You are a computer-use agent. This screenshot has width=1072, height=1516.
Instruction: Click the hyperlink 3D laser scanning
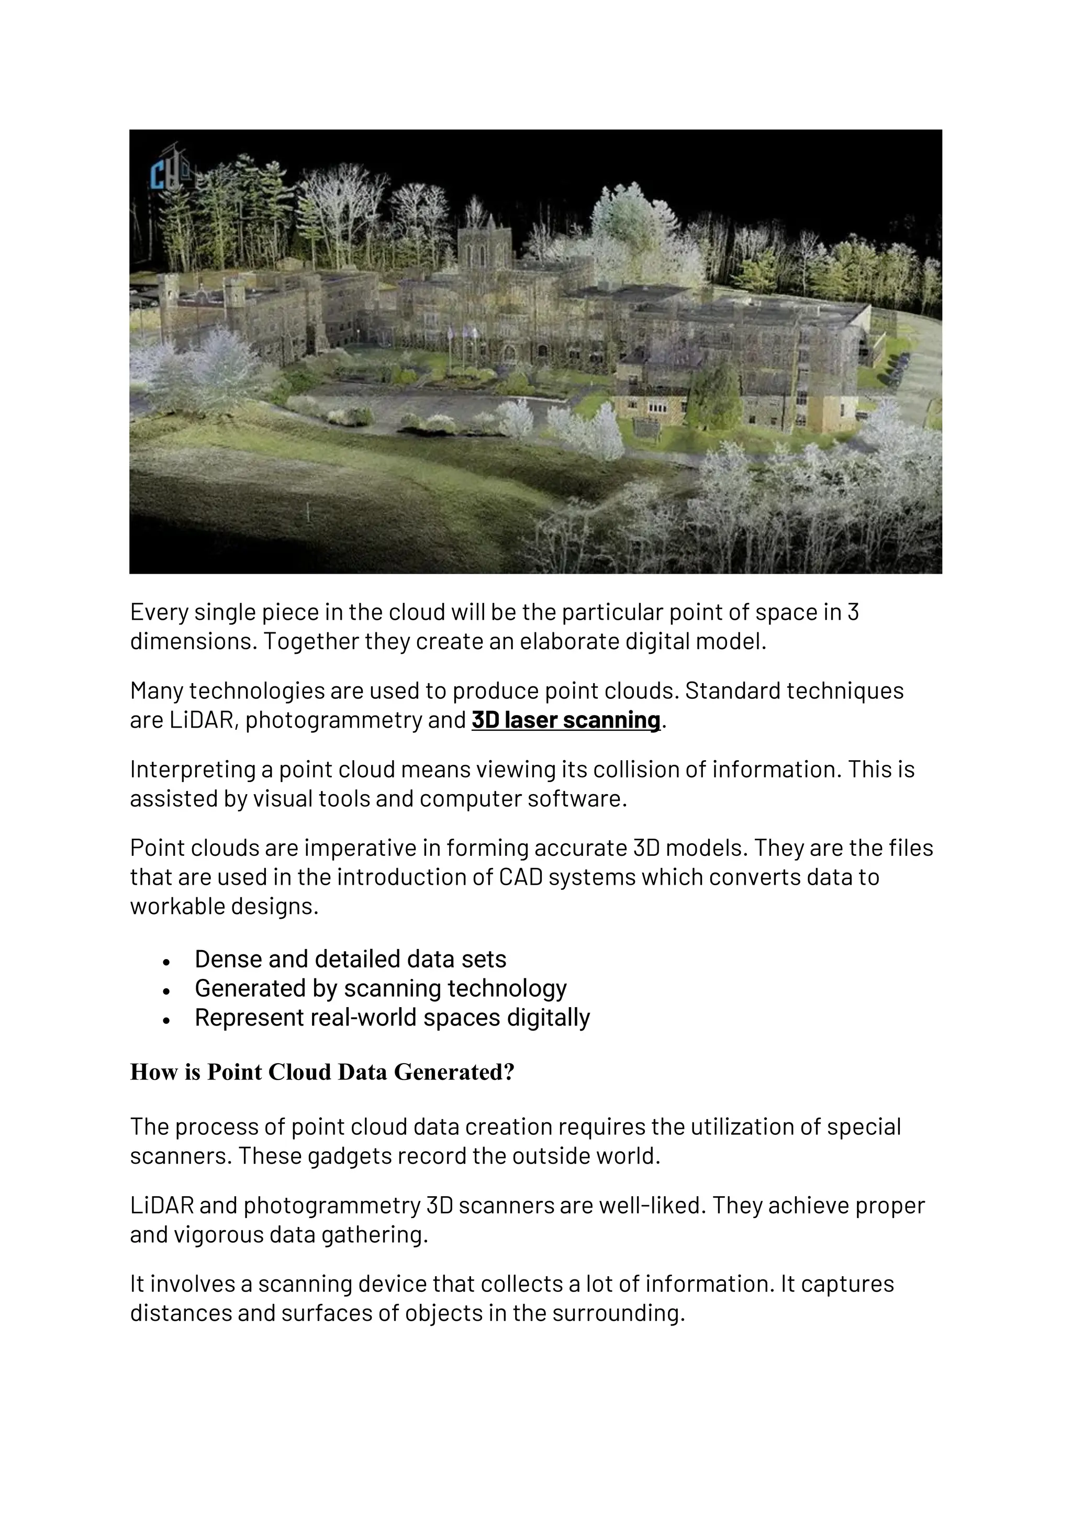coord(566,720)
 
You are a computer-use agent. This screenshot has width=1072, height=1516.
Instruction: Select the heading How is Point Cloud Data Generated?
coord(321,1072)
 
